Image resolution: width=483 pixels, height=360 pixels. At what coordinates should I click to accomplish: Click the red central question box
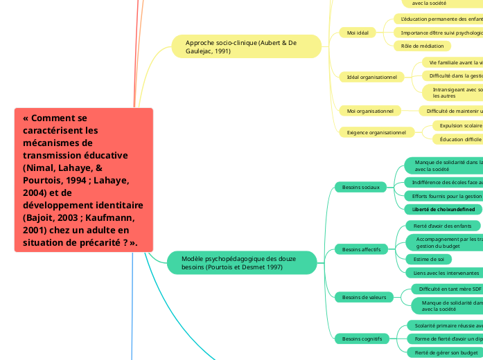point(83,180)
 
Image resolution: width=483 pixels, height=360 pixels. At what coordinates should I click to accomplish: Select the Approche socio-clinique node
point(246,47)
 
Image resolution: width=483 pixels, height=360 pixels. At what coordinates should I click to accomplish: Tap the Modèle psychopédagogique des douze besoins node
point(241,262)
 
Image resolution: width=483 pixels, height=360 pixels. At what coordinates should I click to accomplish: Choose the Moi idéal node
point(358,33)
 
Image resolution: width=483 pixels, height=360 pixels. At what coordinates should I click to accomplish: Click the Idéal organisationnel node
point(371,77)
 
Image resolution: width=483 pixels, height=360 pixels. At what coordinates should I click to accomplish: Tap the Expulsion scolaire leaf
point(457,125)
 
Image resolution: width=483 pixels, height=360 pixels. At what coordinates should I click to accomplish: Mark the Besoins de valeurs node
point(364,297)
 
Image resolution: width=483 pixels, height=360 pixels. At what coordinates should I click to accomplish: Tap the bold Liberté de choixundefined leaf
point(443,209)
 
